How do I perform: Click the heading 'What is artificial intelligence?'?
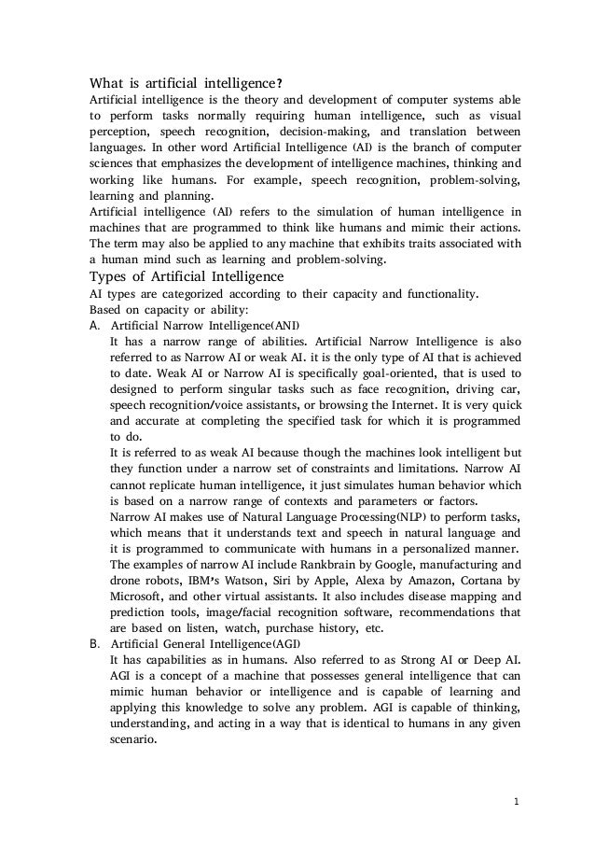click(x=180, y=82)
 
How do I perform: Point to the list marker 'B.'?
click(x=94, y=644)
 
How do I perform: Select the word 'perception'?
click(x=119, y=132)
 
